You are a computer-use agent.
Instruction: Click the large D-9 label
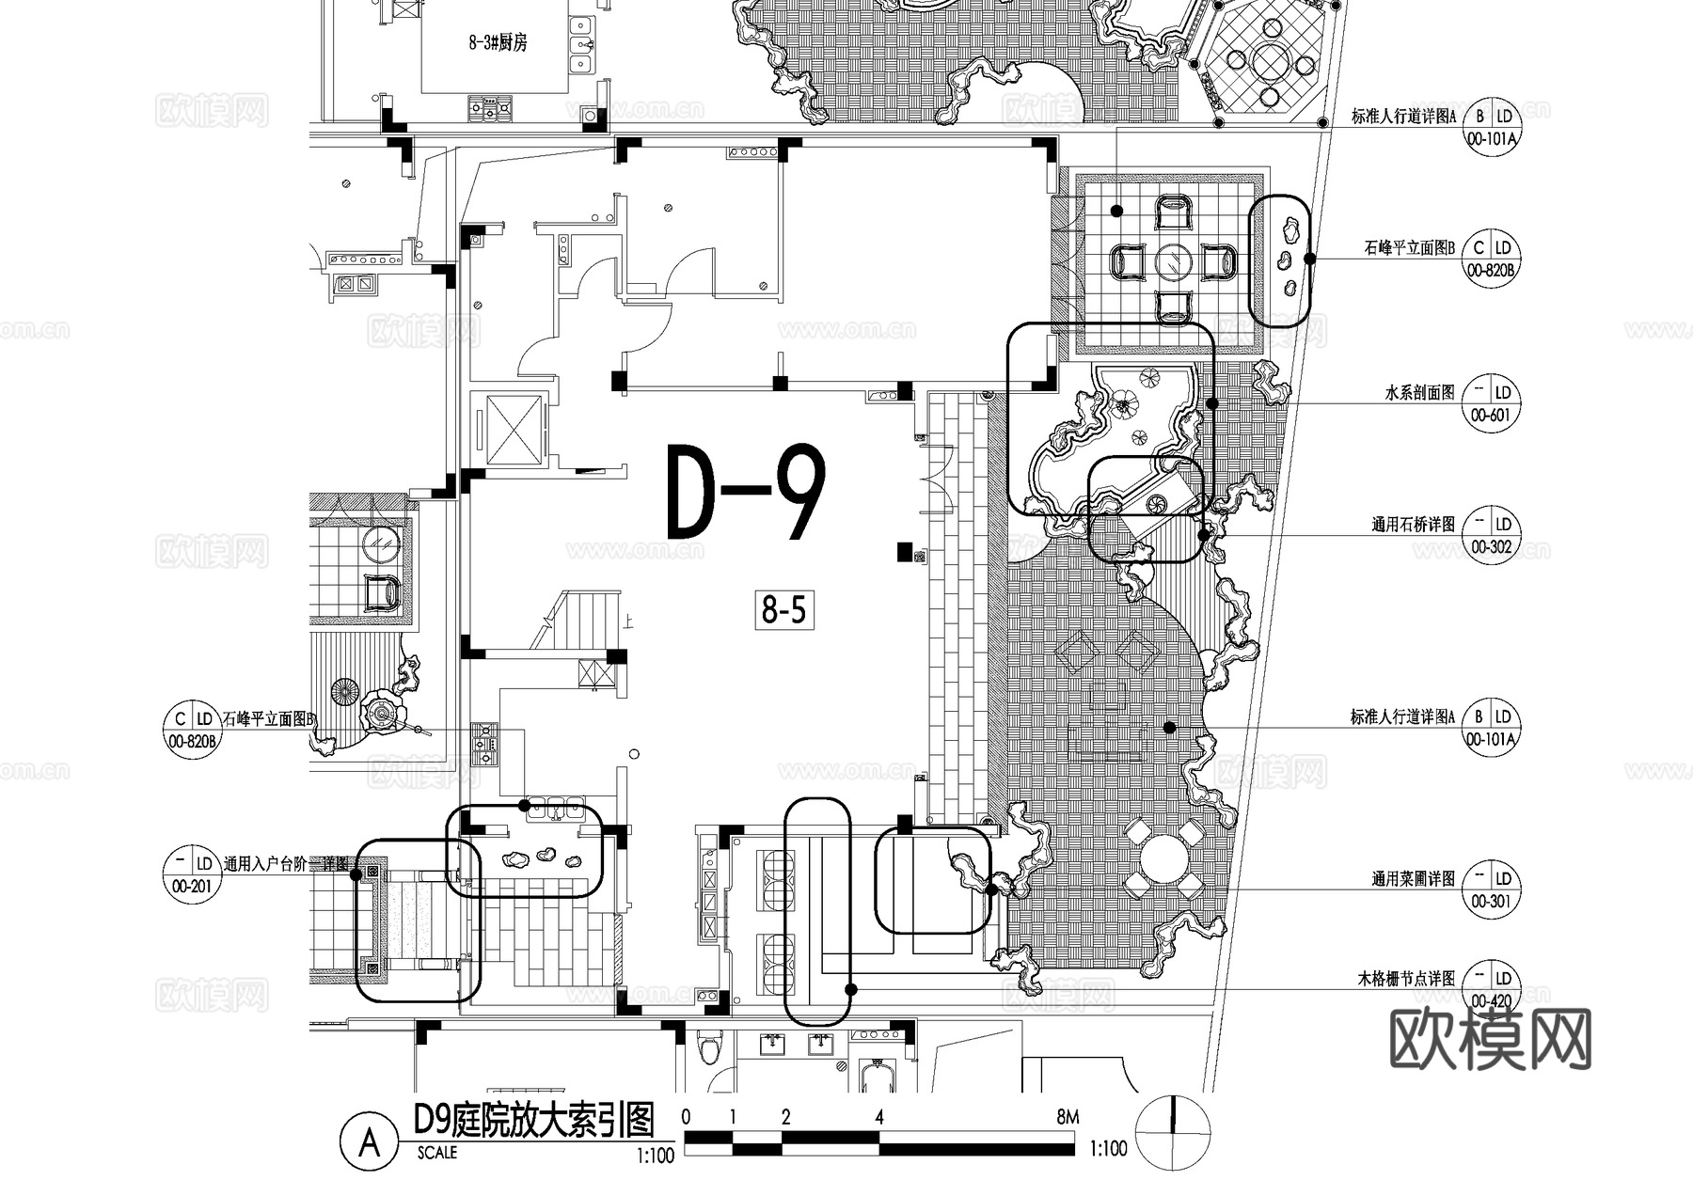click(746, 494)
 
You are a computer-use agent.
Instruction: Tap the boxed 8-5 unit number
click(783, 611)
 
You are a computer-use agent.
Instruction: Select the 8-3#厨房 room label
click(498, 42)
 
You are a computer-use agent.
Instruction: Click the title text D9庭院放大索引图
click(533, 1120)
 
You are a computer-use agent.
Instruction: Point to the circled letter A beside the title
click(370, 1142)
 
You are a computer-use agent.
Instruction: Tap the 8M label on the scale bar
click(1068, 1118)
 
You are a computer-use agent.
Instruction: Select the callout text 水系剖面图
click(1419, 392)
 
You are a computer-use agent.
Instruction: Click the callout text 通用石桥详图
click(1413, 524)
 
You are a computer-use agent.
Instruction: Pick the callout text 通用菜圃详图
click(1413, 878)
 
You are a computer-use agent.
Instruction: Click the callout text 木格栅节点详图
click(1405, 979)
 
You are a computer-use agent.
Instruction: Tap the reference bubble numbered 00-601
click(1492, 403)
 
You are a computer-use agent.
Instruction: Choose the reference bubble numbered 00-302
click(1492, 535)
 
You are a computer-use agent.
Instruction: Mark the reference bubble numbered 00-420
click(1492, 989)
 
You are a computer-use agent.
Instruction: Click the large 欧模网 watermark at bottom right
click(1490, 1040)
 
